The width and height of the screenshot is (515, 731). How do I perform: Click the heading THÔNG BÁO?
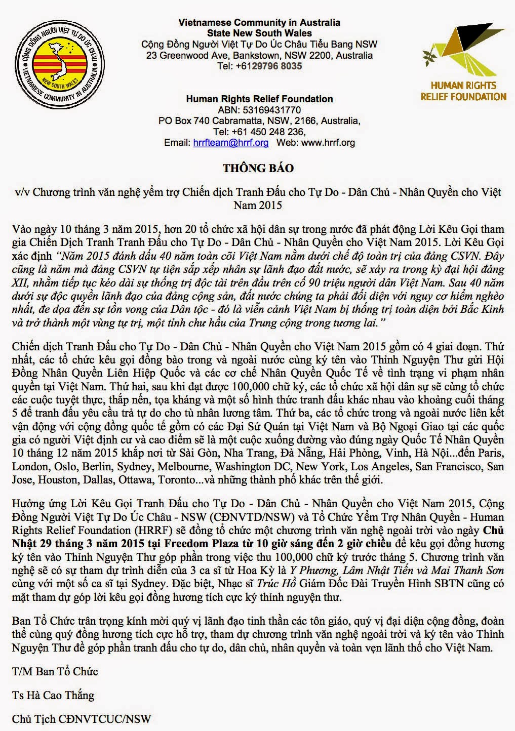coord(258,168)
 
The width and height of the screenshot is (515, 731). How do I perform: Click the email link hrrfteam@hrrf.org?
coord(230,143)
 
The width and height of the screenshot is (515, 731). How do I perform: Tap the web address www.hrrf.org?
coord(328,143)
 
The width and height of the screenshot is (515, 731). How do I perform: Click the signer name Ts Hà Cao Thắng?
coord(53,695)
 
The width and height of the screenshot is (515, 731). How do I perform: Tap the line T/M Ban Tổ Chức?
coord(55,672)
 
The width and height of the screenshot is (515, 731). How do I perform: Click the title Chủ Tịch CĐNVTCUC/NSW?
coord(82,719)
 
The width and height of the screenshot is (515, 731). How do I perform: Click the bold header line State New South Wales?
coord(259,33)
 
